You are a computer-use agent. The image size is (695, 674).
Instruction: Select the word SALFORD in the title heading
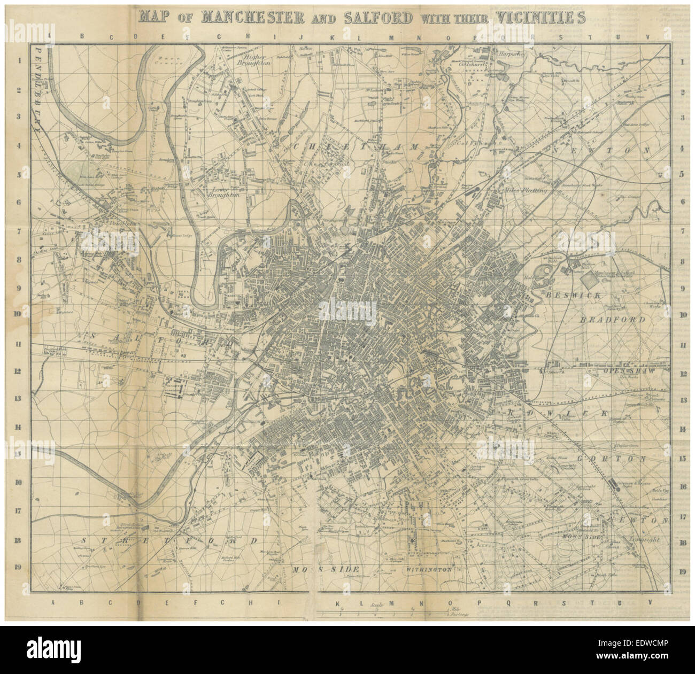(374, 17)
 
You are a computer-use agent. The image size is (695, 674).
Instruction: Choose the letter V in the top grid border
(648, 37)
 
